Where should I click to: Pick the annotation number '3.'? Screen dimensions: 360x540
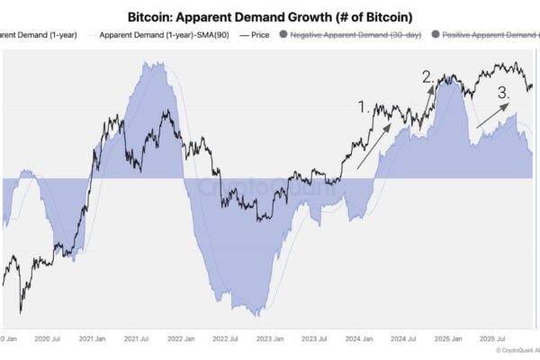[505, 91]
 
